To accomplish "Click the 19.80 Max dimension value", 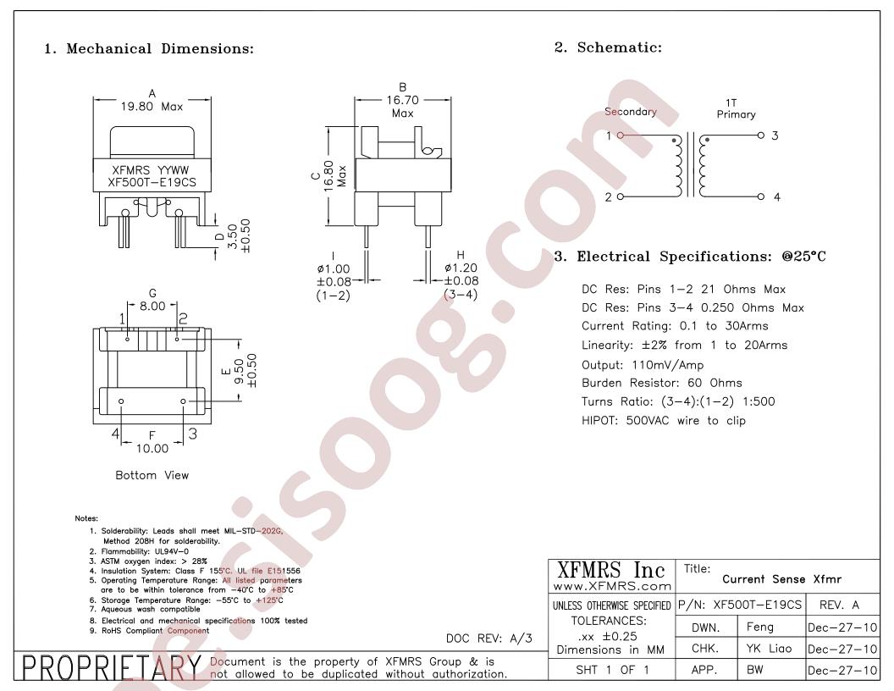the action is pos(152,107).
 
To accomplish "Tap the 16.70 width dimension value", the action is pos(402,100).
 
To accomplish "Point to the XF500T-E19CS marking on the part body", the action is pos(152,182).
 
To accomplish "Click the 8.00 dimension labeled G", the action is pos(152,307).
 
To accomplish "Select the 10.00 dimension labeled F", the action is pos(152,449).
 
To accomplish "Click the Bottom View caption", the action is pos(152,476).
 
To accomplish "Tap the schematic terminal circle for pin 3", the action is pos(760,135).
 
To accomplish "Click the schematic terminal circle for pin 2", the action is pos(621,196).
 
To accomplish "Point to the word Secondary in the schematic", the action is pos(631,112).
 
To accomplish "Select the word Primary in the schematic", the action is pos(736,114).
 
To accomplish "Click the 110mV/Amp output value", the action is pos(668,365).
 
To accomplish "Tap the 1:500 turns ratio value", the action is pos(759,401).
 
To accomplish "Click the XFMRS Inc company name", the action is pos(610,570).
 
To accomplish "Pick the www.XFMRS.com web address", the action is pos(612,586).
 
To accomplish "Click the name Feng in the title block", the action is pos(760,627).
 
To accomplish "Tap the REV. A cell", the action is pos(839,605).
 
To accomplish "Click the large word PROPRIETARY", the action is pos(112,667).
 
